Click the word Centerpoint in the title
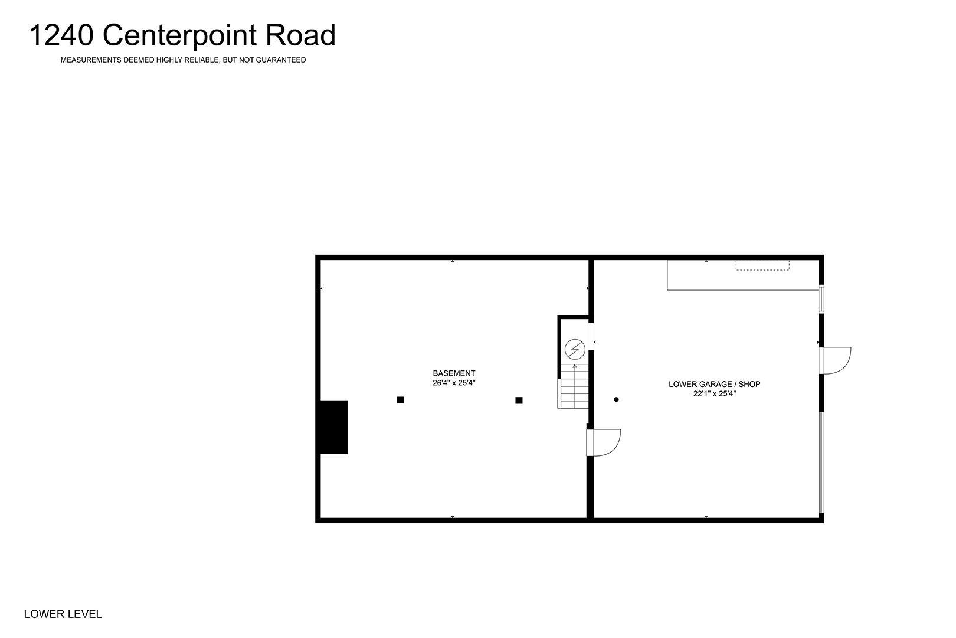(179, 36)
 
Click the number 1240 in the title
(61, 35)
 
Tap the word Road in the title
(301, 35)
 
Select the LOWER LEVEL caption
(63, 614)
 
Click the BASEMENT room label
(454, 373)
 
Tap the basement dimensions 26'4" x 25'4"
(454, 383)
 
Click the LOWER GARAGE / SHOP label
(715, 384)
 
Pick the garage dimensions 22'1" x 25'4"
(715, 393)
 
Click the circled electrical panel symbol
(575, 349)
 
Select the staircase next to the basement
(573, 386)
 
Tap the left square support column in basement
(400, 400)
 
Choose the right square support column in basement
(519, 401)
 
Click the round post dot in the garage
(616, 399)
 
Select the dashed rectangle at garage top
(762, 265)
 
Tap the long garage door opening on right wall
(821, 463)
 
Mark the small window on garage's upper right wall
(821, 299)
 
